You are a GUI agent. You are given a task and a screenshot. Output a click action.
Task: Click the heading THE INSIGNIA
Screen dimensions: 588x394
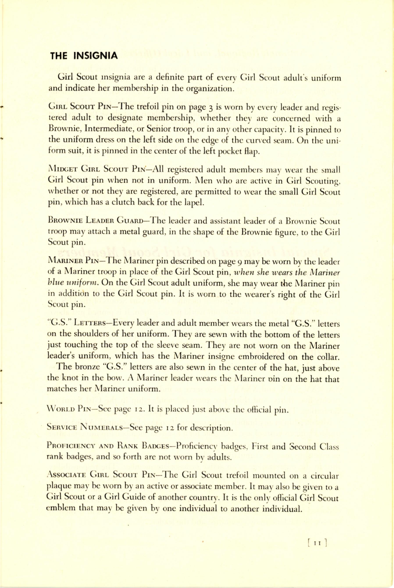coord(84,55)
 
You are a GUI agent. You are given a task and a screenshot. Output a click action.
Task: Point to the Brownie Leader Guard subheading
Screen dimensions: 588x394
coord(95,221)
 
